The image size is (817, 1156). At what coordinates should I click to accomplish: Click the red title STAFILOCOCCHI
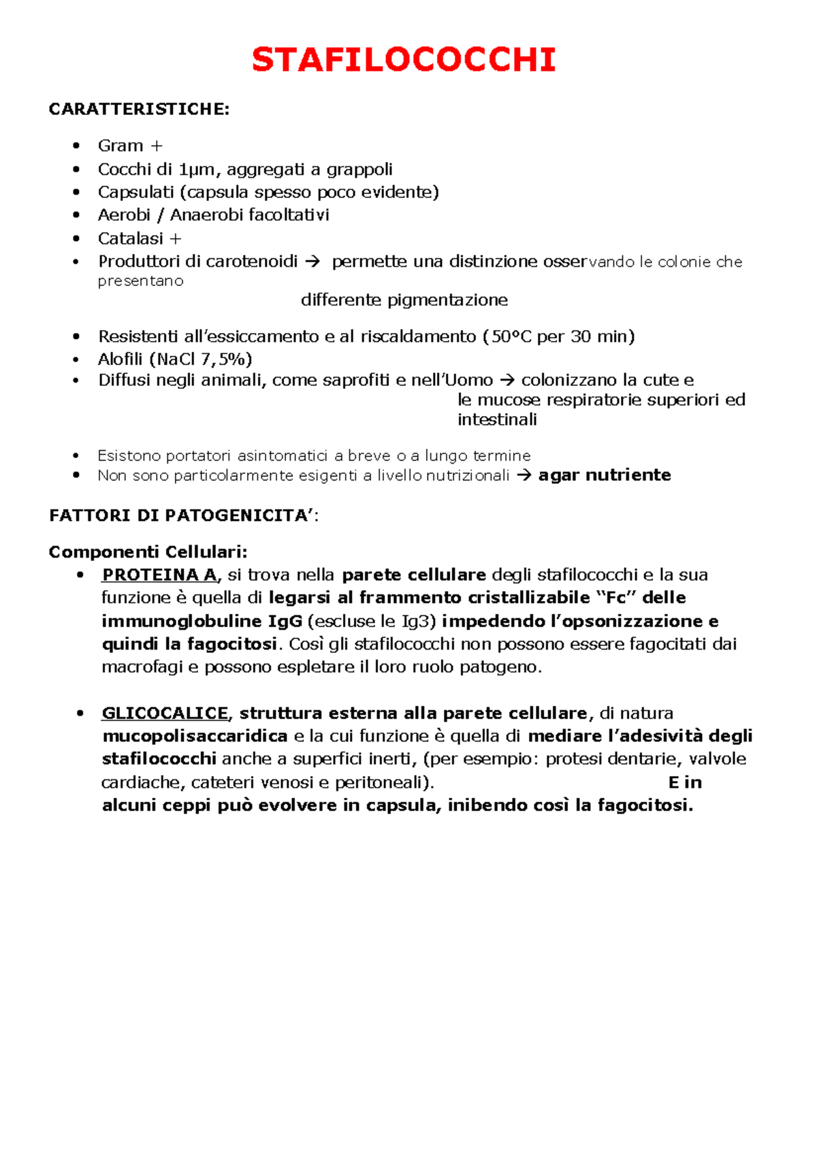coord(404,60)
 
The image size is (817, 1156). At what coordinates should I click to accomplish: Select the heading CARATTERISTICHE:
coord(139,110)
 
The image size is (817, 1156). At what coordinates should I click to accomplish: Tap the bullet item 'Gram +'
coord(129,146)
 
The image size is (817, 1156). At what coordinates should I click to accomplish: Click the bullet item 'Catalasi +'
coord(139,238)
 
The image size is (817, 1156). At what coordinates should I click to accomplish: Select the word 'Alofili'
coord(121,359)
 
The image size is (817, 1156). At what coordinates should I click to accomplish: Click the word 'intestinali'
coord(497,419)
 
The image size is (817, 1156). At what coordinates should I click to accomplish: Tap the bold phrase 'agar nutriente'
coord(605,475)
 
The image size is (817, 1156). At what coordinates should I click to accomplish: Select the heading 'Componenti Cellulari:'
coord(148,551)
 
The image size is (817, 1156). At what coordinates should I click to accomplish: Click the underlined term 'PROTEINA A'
coord(159,575)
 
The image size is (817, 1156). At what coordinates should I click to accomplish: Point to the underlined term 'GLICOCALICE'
coord(165,713)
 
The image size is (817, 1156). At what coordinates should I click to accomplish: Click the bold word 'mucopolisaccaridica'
coord(195,736)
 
